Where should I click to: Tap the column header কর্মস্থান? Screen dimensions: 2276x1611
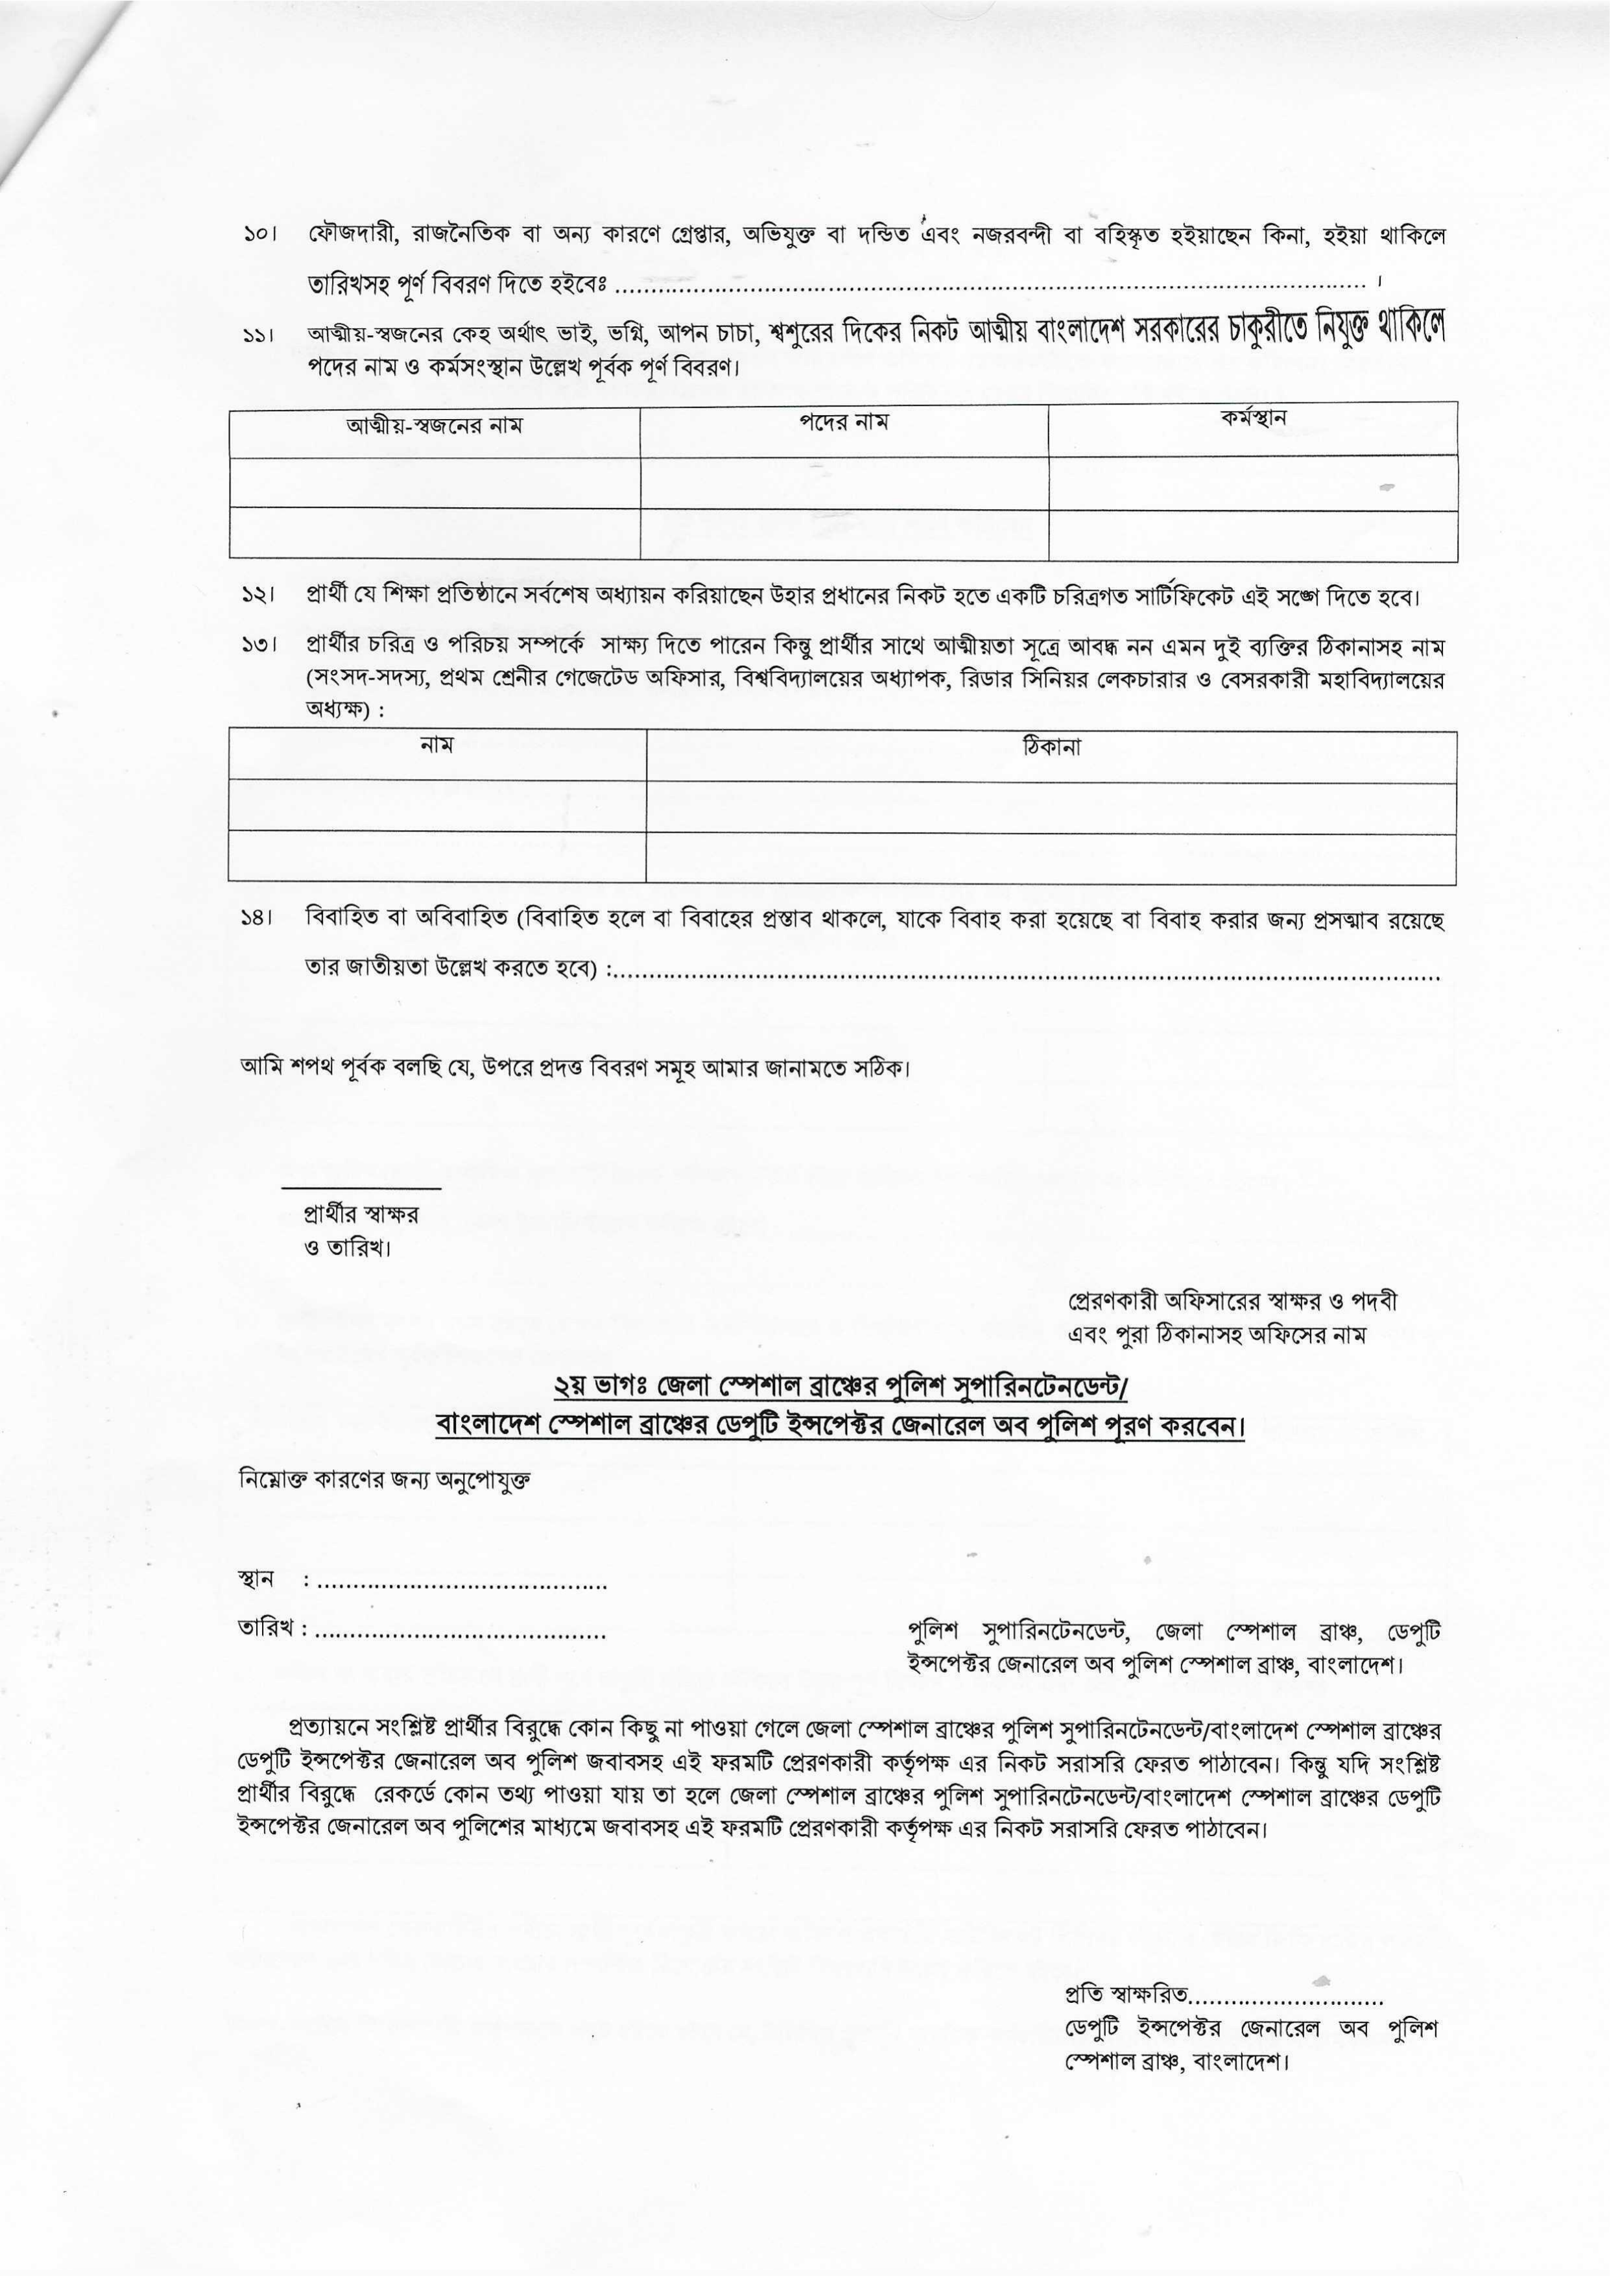1253,419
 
